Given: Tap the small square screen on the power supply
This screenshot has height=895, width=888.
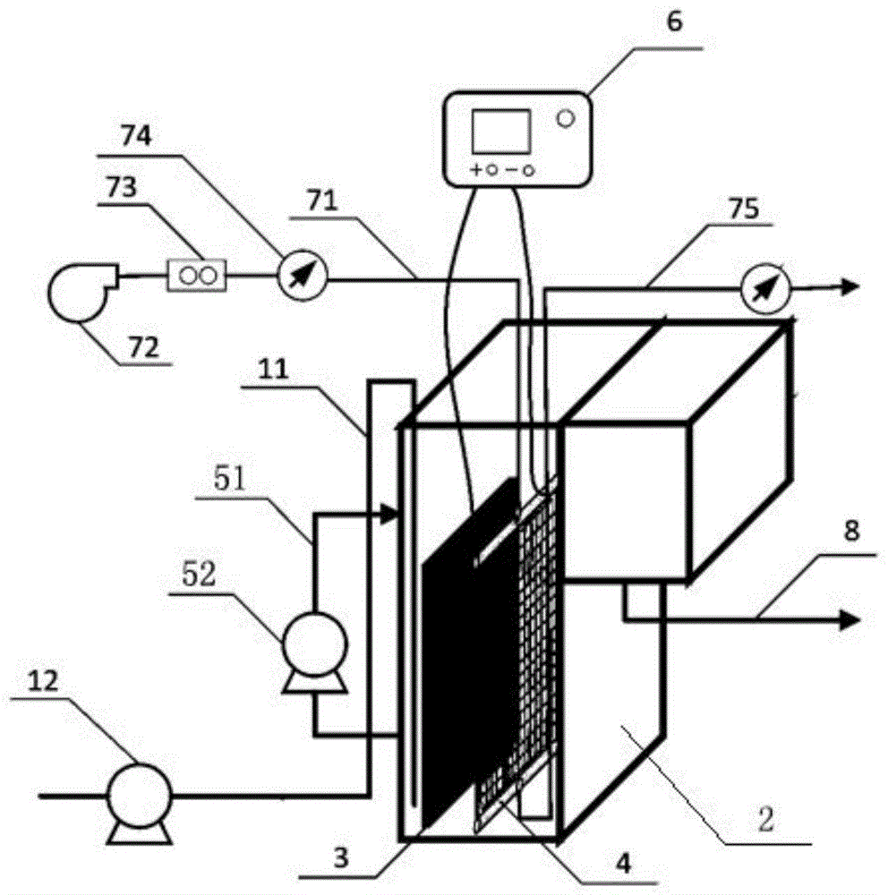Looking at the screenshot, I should [500, 132].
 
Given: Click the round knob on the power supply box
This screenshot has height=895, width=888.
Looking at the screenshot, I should [566, 117].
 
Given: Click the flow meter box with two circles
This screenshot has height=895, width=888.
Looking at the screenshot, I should [197, 274].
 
